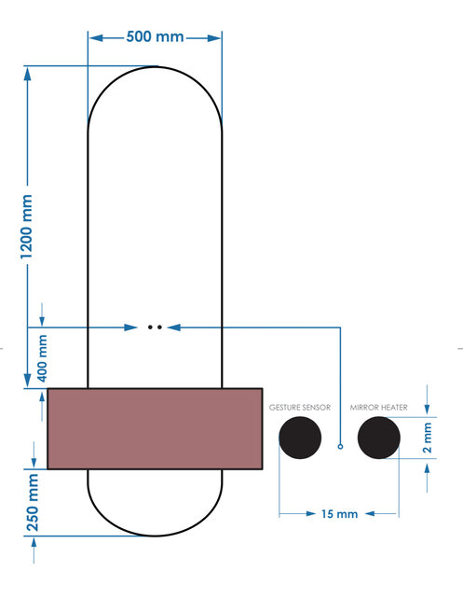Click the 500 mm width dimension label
[155, 37]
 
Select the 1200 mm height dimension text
[27, 227]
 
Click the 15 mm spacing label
[338, 513]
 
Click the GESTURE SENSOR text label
[299, 408]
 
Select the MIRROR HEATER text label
[378, 408]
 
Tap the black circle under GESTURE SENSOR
[300, 438]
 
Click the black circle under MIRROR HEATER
[378, 438]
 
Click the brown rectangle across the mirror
[155, 428]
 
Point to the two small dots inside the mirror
[155, 327]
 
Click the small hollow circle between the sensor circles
[340, 448]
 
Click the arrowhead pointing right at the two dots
[134, 327]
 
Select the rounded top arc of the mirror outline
[155, 66]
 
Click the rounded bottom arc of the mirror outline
[155, 536]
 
